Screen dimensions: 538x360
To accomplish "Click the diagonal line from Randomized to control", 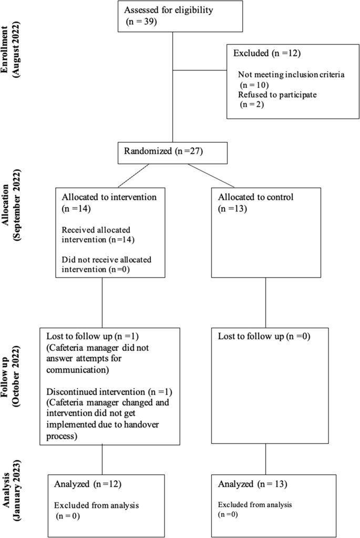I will pyautogui.click(x=210, y=175).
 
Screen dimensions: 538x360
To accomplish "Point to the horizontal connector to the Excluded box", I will pyautogui.click(x=200, y=68).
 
